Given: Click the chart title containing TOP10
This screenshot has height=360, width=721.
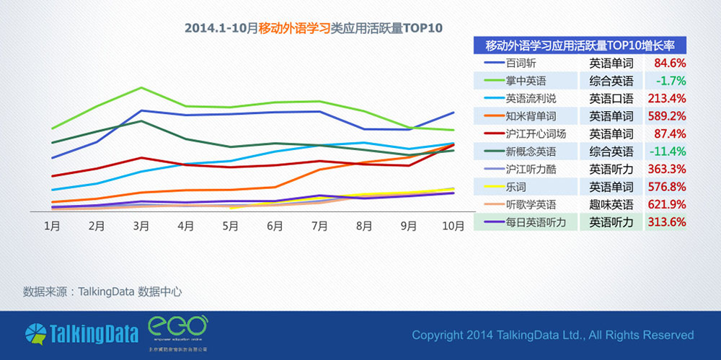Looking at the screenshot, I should (312, 28).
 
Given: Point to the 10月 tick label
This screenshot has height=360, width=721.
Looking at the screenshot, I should (453, 226).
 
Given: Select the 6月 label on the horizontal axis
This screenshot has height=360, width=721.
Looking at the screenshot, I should (275, 226).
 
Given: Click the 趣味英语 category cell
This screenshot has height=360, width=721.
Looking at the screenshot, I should (611, 204).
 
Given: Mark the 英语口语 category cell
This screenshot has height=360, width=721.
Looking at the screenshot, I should (611, 98).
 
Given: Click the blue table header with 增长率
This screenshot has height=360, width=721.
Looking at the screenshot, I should (580, 45).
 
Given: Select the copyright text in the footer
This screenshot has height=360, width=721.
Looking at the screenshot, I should (552, 335).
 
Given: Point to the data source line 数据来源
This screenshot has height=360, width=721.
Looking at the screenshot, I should (102, 291).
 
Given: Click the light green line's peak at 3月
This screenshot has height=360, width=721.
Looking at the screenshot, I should (141, 88).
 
